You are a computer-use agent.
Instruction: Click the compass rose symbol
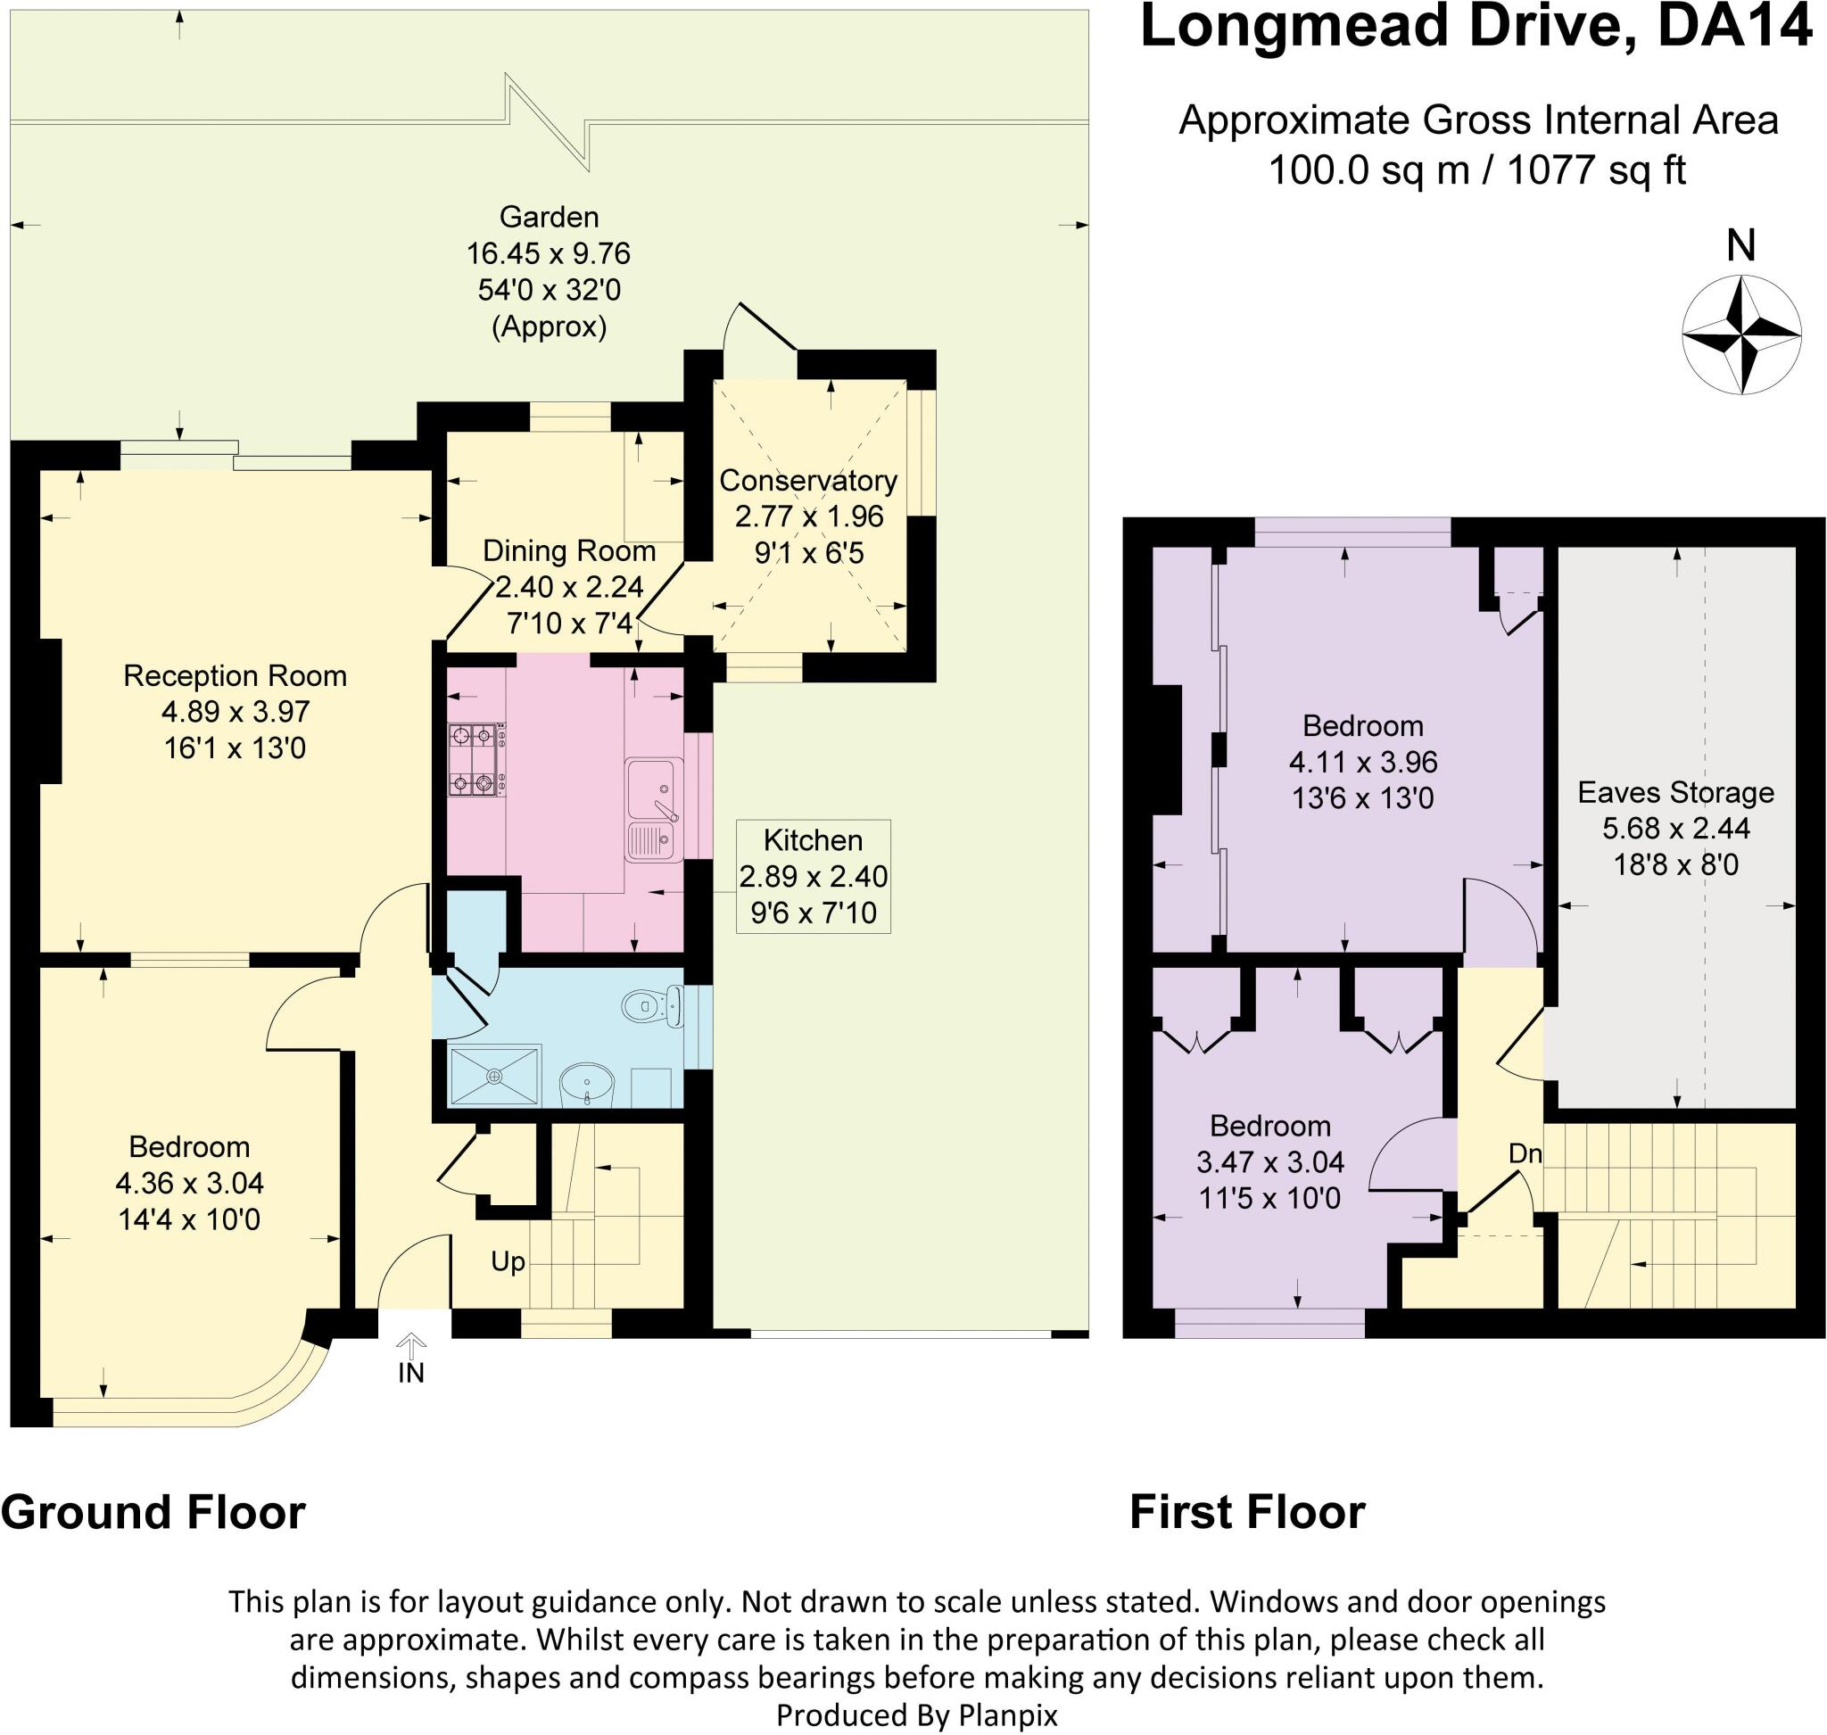point(1741,335)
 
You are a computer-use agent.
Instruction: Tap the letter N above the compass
point(1741,246)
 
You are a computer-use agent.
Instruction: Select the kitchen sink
point(654,810)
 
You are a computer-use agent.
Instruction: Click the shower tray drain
point(495,1076)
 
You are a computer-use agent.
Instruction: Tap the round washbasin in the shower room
point(586,1082)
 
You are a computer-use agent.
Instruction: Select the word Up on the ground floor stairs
point(508,1261)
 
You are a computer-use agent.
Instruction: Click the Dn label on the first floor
point(1525,1153)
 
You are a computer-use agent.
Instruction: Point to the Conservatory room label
point(807,481)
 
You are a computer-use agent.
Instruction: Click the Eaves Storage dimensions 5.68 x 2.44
point(1675,829)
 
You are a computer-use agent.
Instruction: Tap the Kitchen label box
point(813,876)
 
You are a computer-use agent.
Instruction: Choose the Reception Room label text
point(235,676)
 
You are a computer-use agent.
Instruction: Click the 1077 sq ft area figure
point(1597,171)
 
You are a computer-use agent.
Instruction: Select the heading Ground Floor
point(153,1513)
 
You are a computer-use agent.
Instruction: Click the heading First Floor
point(1247,1513)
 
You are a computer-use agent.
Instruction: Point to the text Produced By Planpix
point(916,1715)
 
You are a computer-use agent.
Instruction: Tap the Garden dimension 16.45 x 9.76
point(549,253)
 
